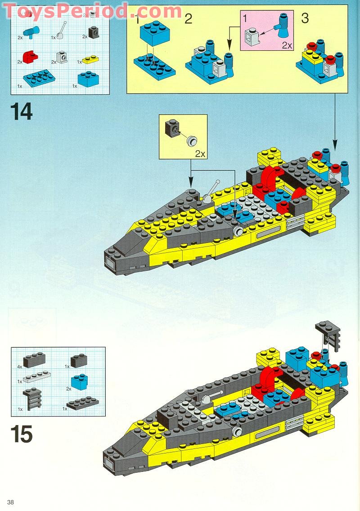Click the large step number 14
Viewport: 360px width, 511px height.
tap(22, 112)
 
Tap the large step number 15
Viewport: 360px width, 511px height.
tap(22, 435)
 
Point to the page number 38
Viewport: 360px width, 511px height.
tap(11, 502)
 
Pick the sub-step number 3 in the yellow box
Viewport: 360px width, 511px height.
tap(305, 19)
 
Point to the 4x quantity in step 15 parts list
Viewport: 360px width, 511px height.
tap(19, 367)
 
